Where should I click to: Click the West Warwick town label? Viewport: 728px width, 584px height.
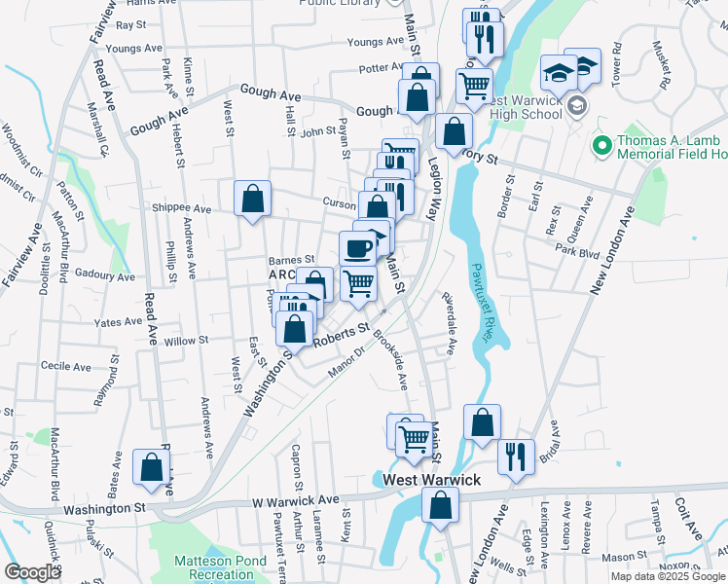(x=432, y=481)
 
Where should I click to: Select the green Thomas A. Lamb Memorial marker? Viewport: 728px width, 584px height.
(x=601, y=147)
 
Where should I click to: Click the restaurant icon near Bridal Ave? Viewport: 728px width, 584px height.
(x=515, y=455)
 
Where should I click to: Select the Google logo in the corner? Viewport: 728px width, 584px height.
(x=31, y=572)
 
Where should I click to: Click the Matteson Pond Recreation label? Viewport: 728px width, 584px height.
(x=214, y=567)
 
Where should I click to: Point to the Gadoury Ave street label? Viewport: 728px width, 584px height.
(x=104, y=275)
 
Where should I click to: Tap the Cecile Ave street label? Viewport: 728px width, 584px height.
(x=66, y=366)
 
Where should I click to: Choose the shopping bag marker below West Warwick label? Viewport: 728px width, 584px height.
(x=440, y=505)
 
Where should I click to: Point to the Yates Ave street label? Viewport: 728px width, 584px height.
(x=119, y=322)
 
